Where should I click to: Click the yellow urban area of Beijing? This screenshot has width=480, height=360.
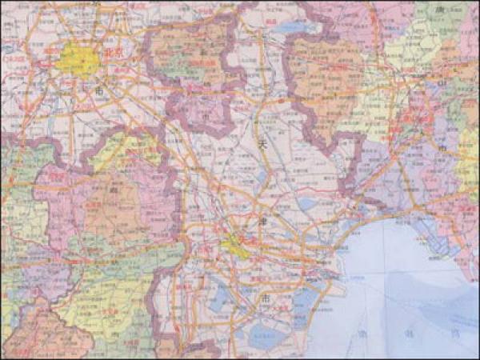point(78,59)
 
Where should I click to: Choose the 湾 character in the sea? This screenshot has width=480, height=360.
point(453,334)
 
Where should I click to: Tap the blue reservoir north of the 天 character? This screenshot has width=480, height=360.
point(295,27)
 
